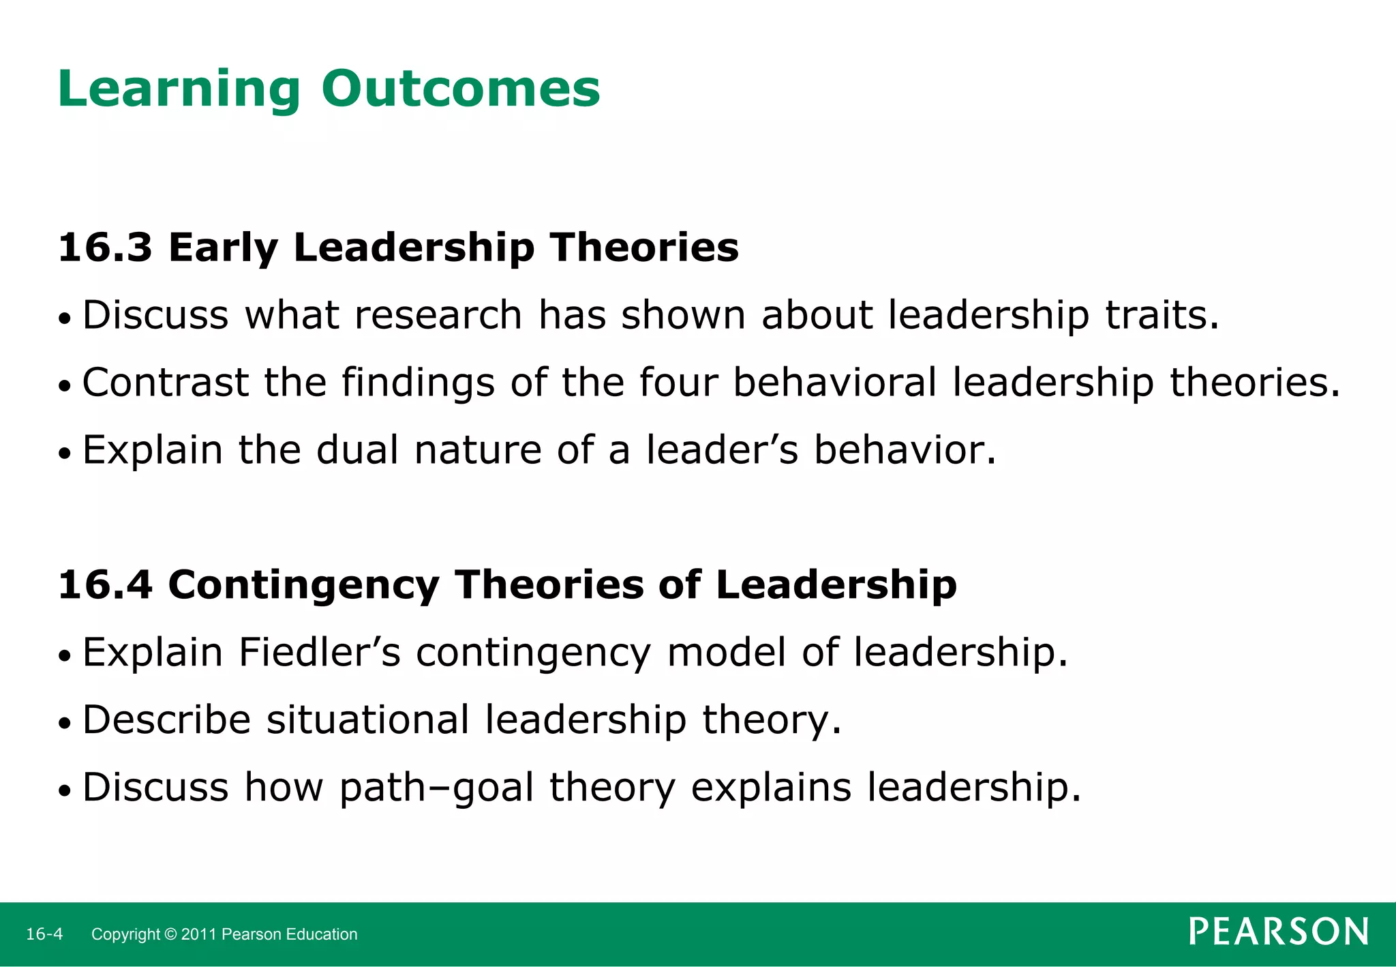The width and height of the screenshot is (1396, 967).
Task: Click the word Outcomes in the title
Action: click(x=461, y=89)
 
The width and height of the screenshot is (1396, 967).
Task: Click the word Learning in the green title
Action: click(x=179, y=90)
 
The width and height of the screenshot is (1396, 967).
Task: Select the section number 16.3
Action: click(x=105, y=247)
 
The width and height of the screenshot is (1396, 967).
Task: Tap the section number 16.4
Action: click(x=105, y=585)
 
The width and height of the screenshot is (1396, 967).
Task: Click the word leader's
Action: click(x=722, y=450)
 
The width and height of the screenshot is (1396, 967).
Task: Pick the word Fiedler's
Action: click(x=319, y=652)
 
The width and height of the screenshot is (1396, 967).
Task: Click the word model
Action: click(x=727, y=652)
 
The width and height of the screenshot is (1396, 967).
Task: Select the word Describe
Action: click(x=166, y=719)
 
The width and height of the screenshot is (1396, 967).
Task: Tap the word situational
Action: click(x=367, y=719)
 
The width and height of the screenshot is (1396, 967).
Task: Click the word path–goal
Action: click(x=436, y=788)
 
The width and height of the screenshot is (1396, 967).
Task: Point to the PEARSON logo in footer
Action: click(x=1279, y=932)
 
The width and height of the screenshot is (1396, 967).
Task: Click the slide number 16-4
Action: click(x=44, y=934)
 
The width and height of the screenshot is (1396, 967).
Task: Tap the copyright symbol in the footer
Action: click(x=170, y=934)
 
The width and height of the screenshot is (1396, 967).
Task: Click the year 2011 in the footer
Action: click(x=199, y=934)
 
